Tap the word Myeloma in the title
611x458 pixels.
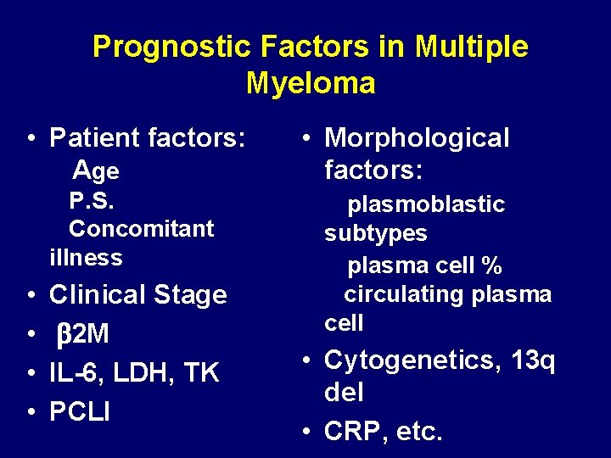311,83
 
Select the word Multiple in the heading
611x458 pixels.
472,47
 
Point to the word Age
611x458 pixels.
96,171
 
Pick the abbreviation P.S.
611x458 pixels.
92,202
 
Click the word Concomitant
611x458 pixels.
142,229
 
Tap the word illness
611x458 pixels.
86,257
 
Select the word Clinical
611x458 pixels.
98,295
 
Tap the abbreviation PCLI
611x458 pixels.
80,411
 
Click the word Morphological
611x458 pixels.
417,137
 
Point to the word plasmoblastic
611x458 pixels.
426,204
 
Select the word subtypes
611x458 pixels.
375,233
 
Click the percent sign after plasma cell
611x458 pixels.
491,266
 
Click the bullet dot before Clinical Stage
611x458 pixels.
31,295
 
